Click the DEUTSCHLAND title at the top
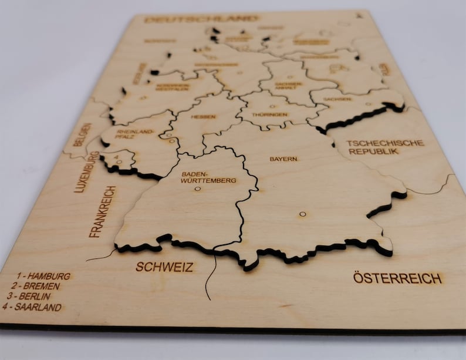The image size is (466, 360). click(201, 19)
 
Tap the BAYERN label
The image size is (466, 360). click(283, 159)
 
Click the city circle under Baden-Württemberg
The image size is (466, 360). click(197, 189)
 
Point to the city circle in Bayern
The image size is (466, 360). click(302, 214)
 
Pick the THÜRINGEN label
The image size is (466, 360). click(269, 115)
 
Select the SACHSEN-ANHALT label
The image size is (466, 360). click(288, 86)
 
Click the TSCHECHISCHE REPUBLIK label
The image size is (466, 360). click(376, 147)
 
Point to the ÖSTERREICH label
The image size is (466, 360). click(397, 278)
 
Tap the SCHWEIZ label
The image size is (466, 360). click(164, 267)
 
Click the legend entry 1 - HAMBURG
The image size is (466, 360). click(43, 275)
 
